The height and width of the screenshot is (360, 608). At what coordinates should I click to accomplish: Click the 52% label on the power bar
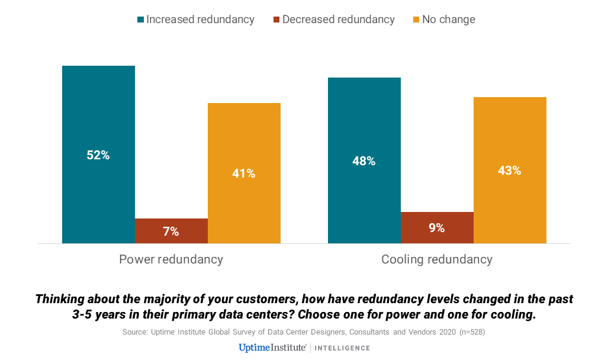98,155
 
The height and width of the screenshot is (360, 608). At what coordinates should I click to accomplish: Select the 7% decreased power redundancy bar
171,231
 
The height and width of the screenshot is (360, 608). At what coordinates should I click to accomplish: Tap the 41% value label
244,173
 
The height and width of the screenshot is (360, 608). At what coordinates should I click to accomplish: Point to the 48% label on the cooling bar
364,161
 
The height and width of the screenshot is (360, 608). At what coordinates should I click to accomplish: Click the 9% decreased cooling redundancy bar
437,227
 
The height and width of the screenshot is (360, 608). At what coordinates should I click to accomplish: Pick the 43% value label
510,171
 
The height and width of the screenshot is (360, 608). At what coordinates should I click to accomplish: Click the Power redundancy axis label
171,259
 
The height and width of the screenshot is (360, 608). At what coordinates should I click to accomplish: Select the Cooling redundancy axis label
437,259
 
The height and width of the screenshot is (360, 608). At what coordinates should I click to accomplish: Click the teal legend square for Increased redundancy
141,20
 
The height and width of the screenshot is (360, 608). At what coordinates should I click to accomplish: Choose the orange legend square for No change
416,20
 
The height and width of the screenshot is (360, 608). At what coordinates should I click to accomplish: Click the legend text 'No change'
449,20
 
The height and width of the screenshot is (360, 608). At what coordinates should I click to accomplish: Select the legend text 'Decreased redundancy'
338,20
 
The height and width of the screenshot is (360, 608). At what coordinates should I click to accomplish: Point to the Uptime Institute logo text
272,348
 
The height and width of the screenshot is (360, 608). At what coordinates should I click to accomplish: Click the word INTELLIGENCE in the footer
343,348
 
